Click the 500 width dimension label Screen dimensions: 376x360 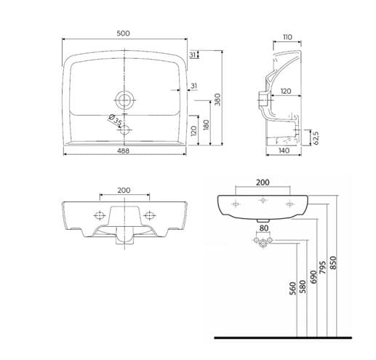[123, 33]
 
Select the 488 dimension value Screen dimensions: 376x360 [124, 151]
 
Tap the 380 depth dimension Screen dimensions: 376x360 [217, 100]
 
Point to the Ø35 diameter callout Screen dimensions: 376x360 [115, 120]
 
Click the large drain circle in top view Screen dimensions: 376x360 [125, 100]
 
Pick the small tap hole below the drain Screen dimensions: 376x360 [124, 130]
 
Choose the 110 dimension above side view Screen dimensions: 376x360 [287, 37]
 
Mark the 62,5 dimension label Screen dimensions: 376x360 [316, 138]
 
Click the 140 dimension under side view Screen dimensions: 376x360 [284, 151]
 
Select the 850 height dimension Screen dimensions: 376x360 [334, 263]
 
